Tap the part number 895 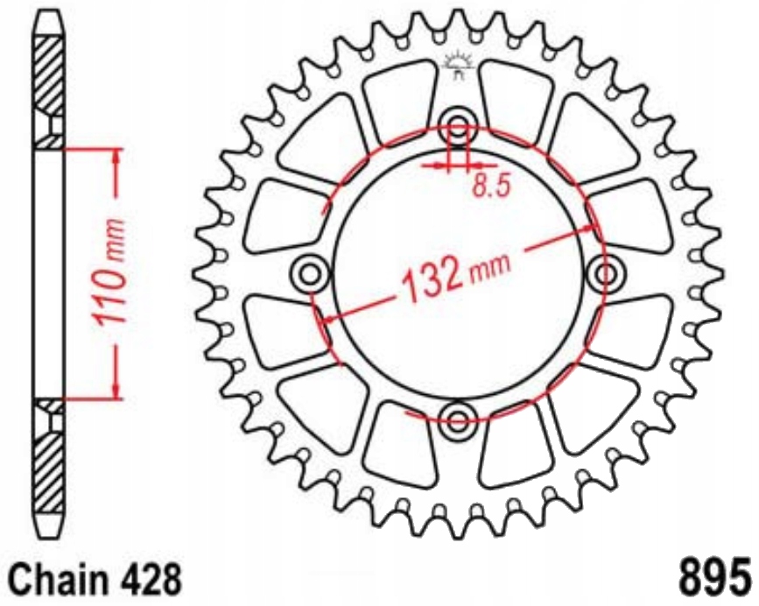point(714,579)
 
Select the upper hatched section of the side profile point(51,83)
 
